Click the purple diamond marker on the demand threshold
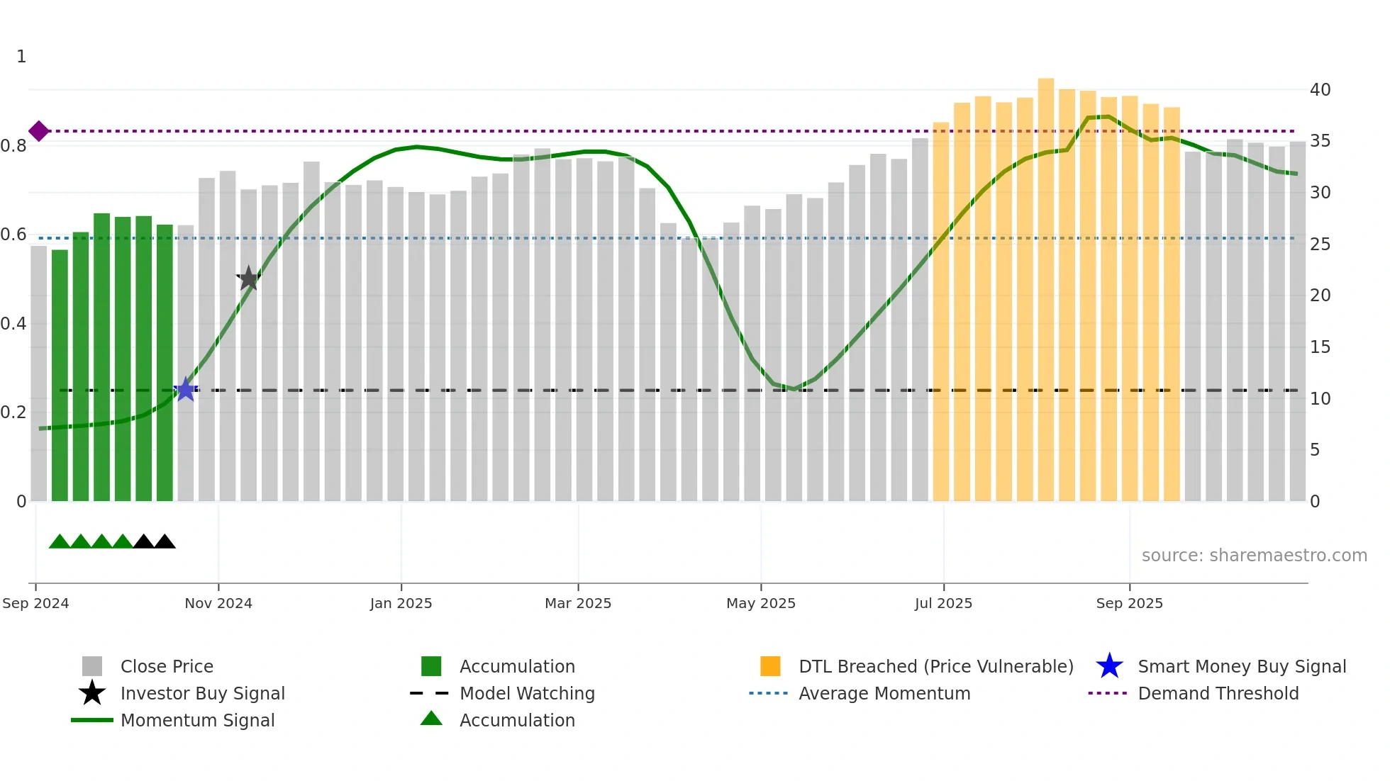pos(39,131)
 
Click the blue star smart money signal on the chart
pos(186,389)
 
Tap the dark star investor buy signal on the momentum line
pos(248,279)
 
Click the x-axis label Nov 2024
pos(218,603)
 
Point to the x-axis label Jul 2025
pos(943,603)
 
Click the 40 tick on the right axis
pos(1320,90)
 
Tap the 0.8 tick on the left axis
pos(13,146)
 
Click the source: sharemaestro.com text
pos(1254,556)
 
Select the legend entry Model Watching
pos(527,693)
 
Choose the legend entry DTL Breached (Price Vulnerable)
pos(935,666)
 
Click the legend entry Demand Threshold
pos(1218,693)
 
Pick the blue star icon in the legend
pos(1109,666)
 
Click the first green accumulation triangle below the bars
pos(60,542)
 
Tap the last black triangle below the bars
pos(165,542)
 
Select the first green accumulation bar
pos(60,376)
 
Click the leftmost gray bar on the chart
pos(39,373)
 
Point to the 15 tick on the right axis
pos(1320,347)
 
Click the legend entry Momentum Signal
pos(197,720)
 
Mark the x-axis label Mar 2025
pos(578,603)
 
